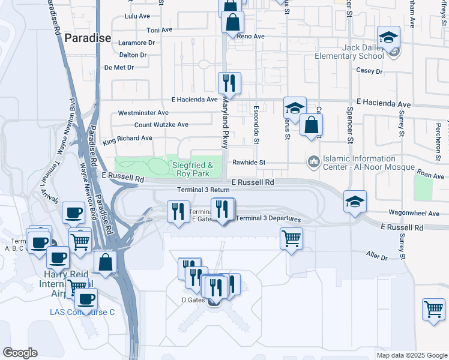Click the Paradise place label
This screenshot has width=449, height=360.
point(88,38)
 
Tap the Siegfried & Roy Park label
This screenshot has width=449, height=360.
point(193,169)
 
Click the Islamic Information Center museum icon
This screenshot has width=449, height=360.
point(313,162)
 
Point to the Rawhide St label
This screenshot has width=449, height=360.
point(249,163)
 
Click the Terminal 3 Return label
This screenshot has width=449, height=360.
point(203,190)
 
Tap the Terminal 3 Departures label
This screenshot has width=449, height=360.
point(268,218)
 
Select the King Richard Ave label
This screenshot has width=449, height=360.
point(127,139)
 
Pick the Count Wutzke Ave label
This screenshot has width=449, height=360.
point(161,125)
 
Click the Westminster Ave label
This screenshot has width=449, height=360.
point(143,112)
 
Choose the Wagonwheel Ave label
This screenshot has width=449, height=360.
point(415,212)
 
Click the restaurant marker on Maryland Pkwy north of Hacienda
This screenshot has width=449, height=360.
point(229,82)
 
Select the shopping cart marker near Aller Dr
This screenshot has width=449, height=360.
point(291,238)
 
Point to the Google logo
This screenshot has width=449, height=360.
point(20,353)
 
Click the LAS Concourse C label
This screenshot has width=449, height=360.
point(82,312)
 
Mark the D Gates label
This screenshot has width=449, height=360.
point(193,299)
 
